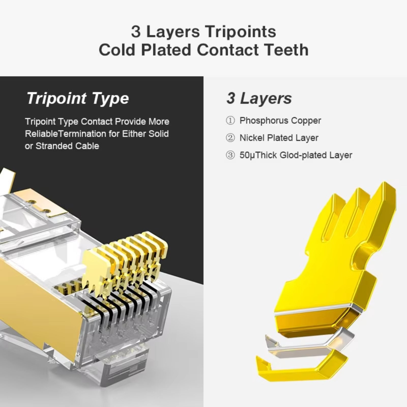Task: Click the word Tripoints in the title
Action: tap(241, 32)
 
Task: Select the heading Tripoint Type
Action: tap(78, 98)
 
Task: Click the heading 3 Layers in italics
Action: tap(259, 98)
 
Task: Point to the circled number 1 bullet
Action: tap(230, 121)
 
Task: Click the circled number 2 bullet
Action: tap(230, 138)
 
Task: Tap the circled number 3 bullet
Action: tap(230, 155)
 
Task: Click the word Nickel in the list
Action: tap(252, 138)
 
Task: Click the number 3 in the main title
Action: tap(136, 32)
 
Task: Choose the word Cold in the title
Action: tap(117, 50)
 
